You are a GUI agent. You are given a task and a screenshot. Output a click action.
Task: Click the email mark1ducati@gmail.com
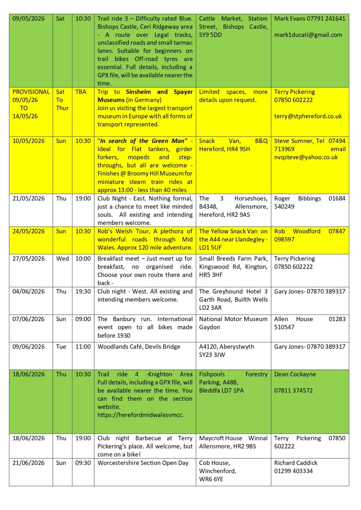[308, 35]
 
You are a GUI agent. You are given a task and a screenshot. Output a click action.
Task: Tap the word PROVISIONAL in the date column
[31, 92]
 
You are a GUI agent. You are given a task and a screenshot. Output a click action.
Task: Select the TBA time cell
[81, 92]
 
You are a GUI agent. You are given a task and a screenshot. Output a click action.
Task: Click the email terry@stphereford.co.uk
[308, 116]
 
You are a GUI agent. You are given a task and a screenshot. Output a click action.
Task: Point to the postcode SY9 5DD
[210, 35]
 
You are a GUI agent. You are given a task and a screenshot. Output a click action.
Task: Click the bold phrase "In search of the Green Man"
[142, 141]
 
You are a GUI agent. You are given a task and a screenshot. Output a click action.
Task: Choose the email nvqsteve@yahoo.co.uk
[306, 157]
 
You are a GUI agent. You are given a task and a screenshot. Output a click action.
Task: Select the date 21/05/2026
[28, 199]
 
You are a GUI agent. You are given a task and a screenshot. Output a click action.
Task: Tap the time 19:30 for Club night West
[83, 292]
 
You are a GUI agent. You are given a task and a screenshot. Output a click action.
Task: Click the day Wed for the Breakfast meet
[63, 259]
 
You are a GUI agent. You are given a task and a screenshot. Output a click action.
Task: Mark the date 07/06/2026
[28, 319]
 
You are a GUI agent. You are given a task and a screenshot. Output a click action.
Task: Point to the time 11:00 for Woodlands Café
[83, 347]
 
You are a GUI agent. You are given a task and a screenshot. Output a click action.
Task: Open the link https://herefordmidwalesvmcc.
[140, 415]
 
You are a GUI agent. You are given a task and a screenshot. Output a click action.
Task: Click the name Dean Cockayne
[295, 374]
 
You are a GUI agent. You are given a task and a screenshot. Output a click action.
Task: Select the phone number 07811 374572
[293, 390]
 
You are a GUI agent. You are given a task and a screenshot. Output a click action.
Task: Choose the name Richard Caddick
[296, 463]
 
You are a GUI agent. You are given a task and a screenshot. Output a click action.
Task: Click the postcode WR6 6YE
[211, 479]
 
